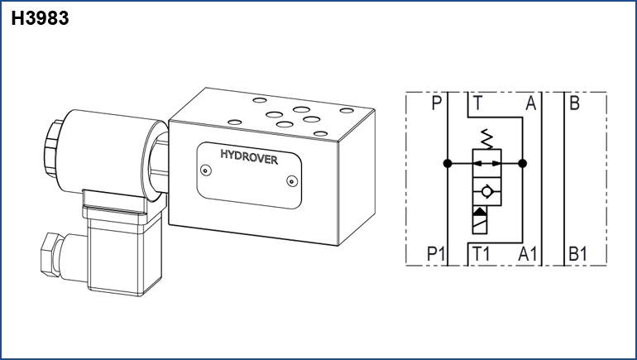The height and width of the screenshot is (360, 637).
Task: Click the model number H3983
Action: click(x=40, y=18)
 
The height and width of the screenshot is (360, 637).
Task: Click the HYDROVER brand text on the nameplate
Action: click(x=249, y=157)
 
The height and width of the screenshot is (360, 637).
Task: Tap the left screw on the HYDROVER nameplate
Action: click(x=206, y=170)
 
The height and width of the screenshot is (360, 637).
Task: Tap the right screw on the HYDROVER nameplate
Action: click(x=292, y=181)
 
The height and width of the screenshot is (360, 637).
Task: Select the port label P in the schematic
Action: click(x=436, y=103)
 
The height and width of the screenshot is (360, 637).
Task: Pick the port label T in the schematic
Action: click(x=478, y=103)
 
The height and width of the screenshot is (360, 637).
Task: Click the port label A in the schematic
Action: click(x=530, y=103)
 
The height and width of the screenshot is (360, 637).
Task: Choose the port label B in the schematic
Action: click(x=574, y=103)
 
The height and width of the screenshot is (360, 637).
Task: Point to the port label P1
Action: click(x=436, y=254)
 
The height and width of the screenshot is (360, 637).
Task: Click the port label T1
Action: click(x=481, y=254)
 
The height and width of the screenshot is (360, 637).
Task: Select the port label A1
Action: click(x=527, y=254)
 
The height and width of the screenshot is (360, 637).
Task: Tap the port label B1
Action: click(x=577, y=254)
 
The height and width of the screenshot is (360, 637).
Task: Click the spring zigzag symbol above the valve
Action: click(x=486, y=139)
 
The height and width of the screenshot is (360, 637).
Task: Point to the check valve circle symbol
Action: click(x=486, y=191)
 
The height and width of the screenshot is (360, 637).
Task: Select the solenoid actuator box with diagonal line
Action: click(x=479, y=220)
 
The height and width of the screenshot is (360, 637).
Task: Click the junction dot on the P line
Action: click(x=448, y=163)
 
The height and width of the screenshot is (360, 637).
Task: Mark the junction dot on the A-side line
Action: click(x=523, y=163)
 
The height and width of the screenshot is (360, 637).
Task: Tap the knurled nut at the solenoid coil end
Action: click(x=52, y=149)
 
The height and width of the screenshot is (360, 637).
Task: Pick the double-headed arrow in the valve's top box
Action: click(x=487, y=163)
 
